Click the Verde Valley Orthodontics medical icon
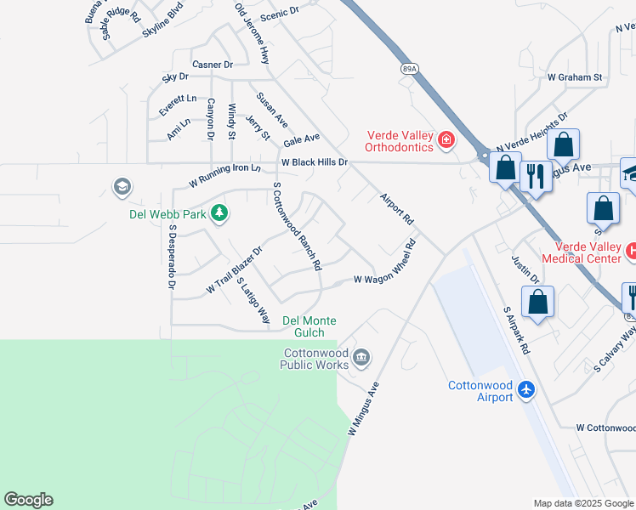coord(445,139)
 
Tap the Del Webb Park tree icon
coord(219,212)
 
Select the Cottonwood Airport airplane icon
coord(527,388)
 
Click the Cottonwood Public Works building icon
coord(362,356)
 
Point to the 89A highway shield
coord(410,68)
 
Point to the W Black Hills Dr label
coord(315,161)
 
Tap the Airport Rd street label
coord(396,207)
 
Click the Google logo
coord(28,500)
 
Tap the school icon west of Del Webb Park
coord(122,186)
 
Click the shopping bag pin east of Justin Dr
coord(538,303)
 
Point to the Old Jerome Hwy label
coord(253,33)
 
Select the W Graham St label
coord(575,77)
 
